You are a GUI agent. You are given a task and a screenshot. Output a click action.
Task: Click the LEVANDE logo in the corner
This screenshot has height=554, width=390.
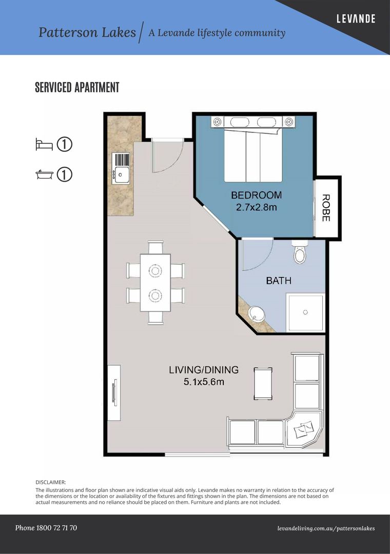[x=356, y=19]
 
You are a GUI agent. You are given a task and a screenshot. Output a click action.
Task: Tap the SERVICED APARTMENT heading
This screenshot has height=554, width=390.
[x=77, y=87]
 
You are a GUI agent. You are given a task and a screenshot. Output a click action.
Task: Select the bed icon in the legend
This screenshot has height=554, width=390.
[x=44, y=145]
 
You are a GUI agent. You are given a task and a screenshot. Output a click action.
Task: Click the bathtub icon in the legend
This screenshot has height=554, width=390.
[x=44, y=175]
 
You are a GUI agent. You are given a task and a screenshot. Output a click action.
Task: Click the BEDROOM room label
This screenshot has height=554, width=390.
[x=256, y=195]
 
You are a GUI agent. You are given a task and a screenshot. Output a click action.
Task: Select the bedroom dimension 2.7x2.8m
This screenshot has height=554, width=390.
[x=256, y=207]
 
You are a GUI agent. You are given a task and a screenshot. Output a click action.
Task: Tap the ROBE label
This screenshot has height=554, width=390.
[x=326, y=208]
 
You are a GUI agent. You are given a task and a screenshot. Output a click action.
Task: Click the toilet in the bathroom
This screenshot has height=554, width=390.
[x=299, y=253]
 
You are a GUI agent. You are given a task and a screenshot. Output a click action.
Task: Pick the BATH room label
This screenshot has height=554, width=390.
[x=279, y=281]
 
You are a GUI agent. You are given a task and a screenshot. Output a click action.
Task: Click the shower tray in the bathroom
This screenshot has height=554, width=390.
[x=306, y=312]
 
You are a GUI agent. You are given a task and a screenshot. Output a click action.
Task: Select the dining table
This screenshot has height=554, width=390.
[x=155, y=282]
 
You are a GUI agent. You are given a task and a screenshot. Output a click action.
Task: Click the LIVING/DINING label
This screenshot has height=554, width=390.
[x=204, y=369]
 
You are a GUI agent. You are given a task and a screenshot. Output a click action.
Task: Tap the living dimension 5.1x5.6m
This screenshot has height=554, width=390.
[x=204, y=382]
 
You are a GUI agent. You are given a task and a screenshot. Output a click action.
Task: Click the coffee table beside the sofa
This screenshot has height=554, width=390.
[x=263, y=384]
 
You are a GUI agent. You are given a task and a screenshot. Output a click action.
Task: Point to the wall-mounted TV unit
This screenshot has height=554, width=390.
[x=114, y=392]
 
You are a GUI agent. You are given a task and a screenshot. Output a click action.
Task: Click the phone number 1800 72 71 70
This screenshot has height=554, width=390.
[x=46, y=528]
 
